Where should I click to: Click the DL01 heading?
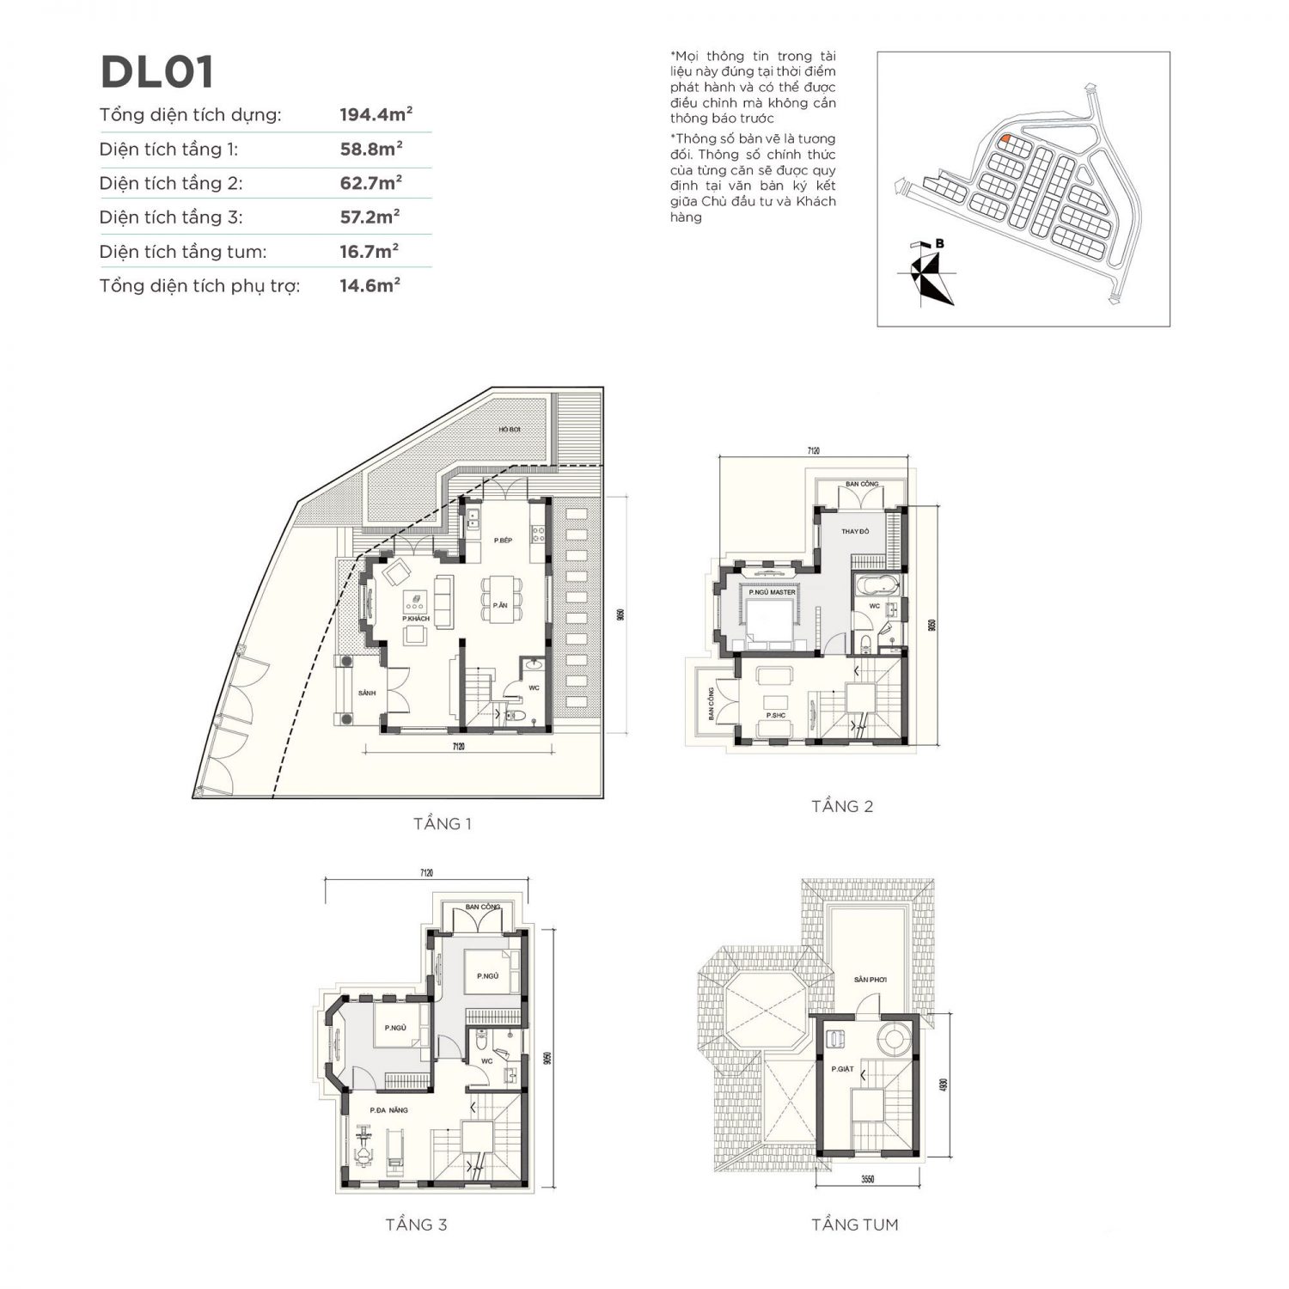(x=157, y=72)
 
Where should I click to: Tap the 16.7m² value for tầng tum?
(x=369, y=251)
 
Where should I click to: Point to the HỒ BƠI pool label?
(x=510, y=430)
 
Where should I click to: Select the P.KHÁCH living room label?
(x=415, y=618)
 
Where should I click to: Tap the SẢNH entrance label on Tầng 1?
(x=367, y=692)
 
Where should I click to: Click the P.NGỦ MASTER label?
(x=771, y=592)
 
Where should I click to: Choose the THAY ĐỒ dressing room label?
(x=854, y=532)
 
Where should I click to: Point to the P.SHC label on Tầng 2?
(x=775, y=715)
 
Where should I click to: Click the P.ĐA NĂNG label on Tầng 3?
(x=388, y=1110)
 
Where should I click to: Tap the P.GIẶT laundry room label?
(x=841, y=1069)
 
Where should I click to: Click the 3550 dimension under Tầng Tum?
(x=867, y=1180)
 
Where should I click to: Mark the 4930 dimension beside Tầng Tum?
(x=943, y=1084)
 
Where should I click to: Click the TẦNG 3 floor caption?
(x=416, y=1225)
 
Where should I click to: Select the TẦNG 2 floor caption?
(x=842, y=806)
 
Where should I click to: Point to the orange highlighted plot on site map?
(x=1003, y=137)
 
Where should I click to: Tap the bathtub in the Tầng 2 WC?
(x=875, y=589)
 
